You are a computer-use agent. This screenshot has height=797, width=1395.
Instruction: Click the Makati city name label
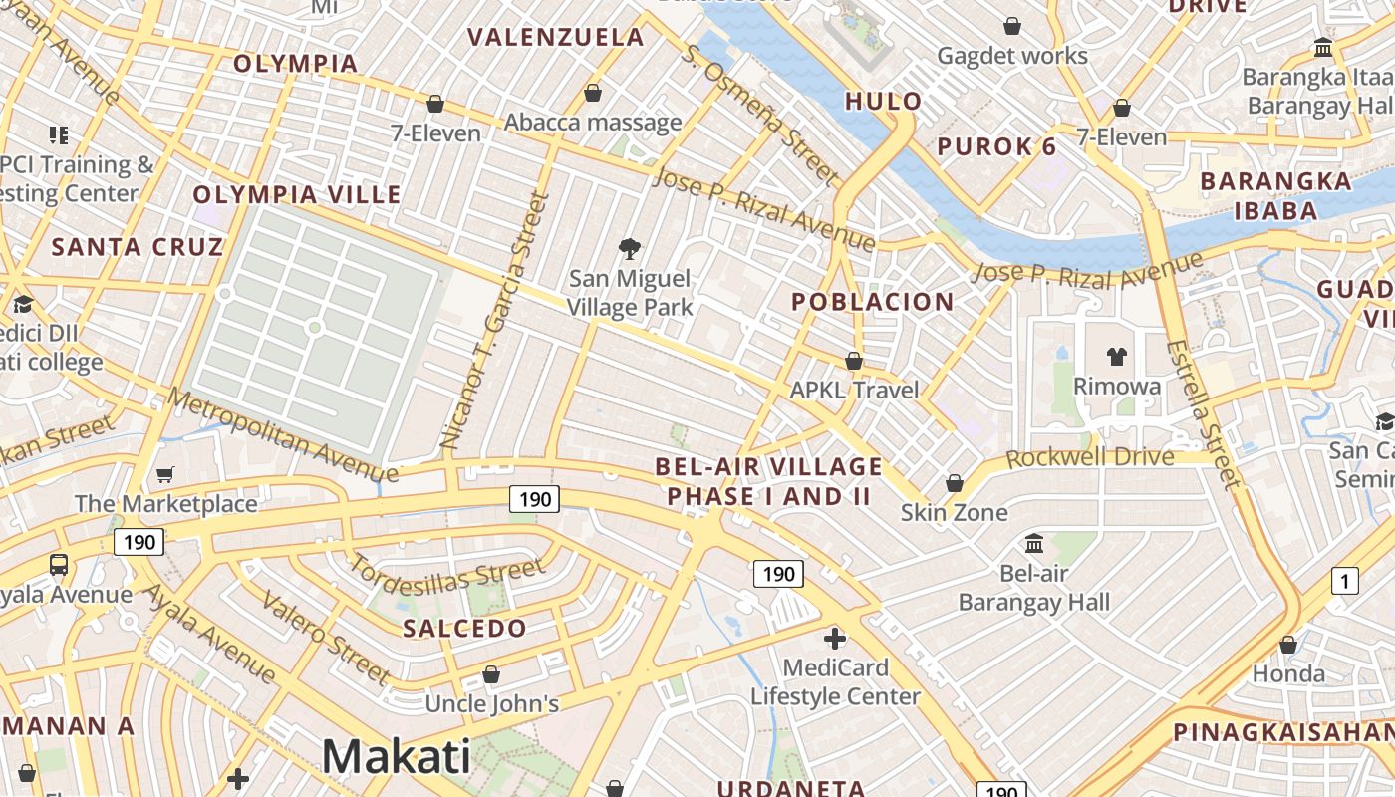click(396, 756)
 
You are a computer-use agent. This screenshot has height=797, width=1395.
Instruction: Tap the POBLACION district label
click(873, 302)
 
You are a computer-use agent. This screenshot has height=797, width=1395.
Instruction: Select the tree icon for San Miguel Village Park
click(629, 248)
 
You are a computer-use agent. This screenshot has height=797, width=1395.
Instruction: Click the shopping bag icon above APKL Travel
click(854, 360)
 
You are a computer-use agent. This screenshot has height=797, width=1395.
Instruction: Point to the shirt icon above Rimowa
click(1116, 356)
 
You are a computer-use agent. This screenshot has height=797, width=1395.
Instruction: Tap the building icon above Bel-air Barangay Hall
click(1034, 544)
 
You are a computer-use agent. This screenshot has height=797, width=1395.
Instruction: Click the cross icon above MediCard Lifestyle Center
click(835, 638)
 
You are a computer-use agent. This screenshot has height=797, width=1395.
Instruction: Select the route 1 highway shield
click(1345, 580)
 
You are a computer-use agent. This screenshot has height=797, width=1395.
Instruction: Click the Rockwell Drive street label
click(1089, 458)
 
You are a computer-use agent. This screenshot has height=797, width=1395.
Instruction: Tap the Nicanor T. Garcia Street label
click(494, 321)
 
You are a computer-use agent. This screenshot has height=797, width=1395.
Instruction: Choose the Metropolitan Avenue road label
click(283, 434)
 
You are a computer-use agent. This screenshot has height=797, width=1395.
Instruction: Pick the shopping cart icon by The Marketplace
click(165, 474)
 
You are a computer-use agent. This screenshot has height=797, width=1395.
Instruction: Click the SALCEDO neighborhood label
click(464, 629)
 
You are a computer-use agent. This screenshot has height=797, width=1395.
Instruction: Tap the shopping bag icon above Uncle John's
click(490, 674)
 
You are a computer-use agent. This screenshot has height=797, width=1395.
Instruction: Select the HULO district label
click(884, 101)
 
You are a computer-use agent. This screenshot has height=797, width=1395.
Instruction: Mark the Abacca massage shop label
click(593, 123)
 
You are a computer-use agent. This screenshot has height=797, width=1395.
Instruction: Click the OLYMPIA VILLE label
click(297, 195)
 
